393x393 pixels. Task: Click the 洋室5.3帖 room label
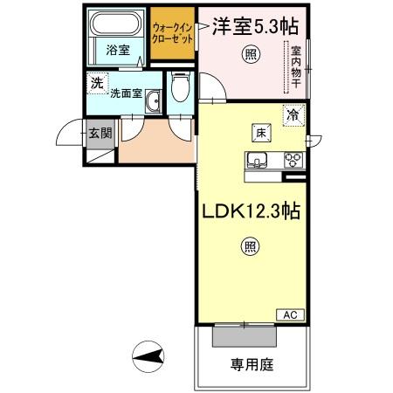254,26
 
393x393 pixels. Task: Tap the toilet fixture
180,87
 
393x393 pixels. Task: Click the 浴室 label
119,50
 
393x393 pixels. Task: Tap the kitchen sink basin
259,161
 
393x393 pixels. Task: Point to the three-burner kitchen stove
293,160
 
